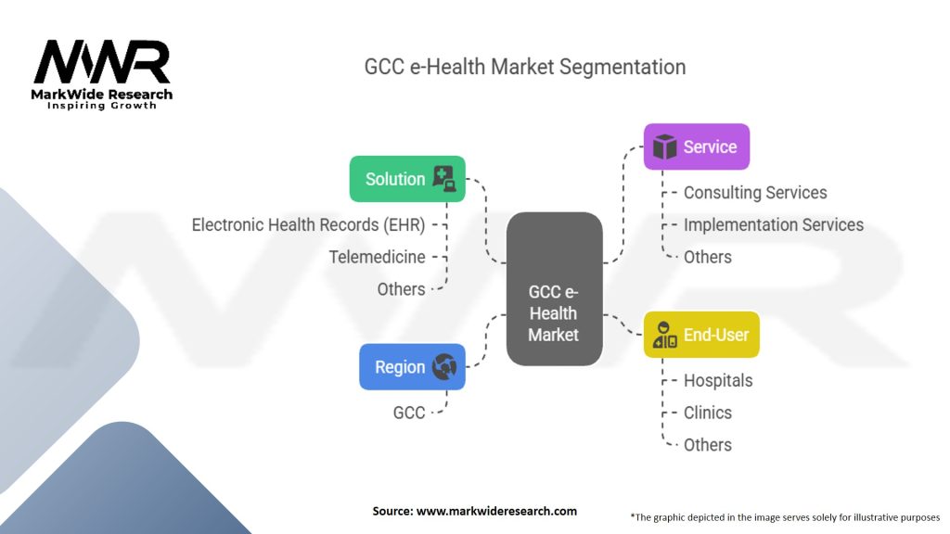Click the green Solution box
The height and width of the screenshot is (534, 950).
pyautogui.click(x=406, y=179)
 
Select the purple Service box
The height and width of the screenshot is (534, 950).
pyautogui.click(x=697, y=146)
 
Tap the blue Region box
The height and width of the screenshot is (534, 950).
pyautogui.click(x=412, y=367)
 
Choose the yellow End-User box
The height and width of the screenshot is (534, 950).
pyautogui.click(x=701, y=335)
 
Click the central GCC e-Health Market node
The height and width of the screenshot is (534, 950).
pyautogui.click(x=554, y=313)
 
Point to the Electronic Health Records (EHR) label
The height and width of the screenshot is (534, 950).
pyautogui.click(x=308, y=225)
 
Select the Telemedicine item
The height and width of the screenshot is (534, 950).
pyautogui.click(x=378, y=257)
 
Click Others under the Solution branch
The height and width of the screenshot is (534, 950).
pyautogui.click(x=401, y=289)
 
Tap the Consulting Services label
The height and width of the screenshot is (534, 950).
pyautogui.click(x=755, y=193)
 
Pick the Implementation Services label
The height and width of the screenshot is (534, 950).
pyautogui.click(x=773, y=225)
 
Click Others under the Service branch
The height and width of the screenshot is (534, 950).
pyautogui.click(x=707, y=257)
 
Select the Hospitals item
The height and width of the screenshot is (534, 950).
pyautogui.click(x=718, y=380)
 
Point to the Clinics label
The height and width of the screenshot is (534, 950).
pyautogui.click(x=707, y=413)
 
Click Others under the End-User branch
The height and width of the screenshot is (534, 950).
pyautogui.click(x=707, y=445)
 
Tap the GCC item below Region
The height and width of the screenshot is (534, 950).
pyautogui.click(x=409, y=413)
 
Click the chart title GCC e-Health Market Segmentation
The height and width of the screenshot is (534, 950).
pyautogui.click(x=524, y=68)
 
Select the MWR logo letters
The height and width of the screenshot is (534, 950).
pyautogui.click(x=102, y=63)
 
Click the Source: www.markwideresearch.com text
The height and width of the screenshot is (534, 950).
pyautogui.click(x=475, y=511)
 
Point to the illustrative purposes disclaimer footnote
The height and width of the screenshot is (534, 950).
pyautogui.click(x=785, y=516)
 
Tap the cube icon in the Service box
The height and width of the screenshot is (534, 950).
pyautogui.click(x=664, y=146)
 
